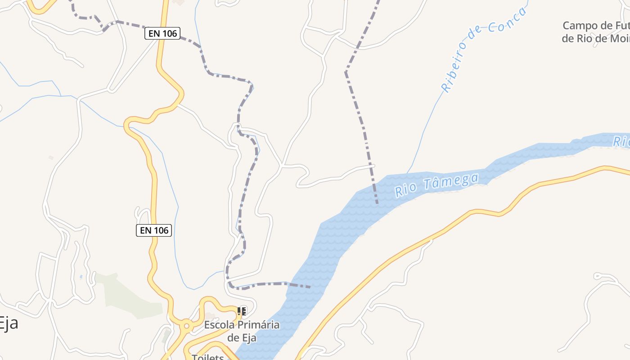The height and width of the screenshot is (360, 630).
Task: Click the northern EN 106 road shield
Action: pyautogui.click(x=162, y=33)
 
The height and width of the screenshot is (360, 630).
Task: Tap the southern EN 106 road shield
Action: pyautogui.click(x=154, y=230)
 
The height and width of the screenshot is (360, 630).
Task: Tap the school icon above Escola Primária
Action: pyautogui.click(x=242, y=311)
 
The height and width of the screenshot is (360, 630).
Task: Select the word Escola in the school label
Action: pyautogui.click(x=219, y=325)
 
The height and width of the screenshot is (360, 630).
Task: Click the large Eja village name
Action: pyautogui.click(x=8, y=323)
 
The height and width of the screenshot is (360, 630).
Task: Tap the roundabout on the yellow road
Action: pyautogui.click(x=186, y=324)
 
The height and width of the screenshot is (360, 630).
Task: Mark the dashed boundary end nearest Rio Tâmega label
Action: pyautogui.click(x=377, y=203)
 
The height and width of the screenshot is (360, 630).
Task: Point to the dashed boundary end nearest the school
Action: pyautogui.click(x=310, y=287)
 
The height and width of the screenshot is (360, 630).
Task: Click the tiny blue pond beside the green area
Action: pyautogui.click(x=81, y=277)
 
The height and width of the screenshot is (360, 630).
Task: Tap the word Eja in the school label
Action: pyautogui.click(x=249, y=337)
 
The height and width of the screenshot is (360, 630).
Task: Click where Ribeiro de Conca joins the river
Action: pyautogui.click(x=408, y=172)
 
